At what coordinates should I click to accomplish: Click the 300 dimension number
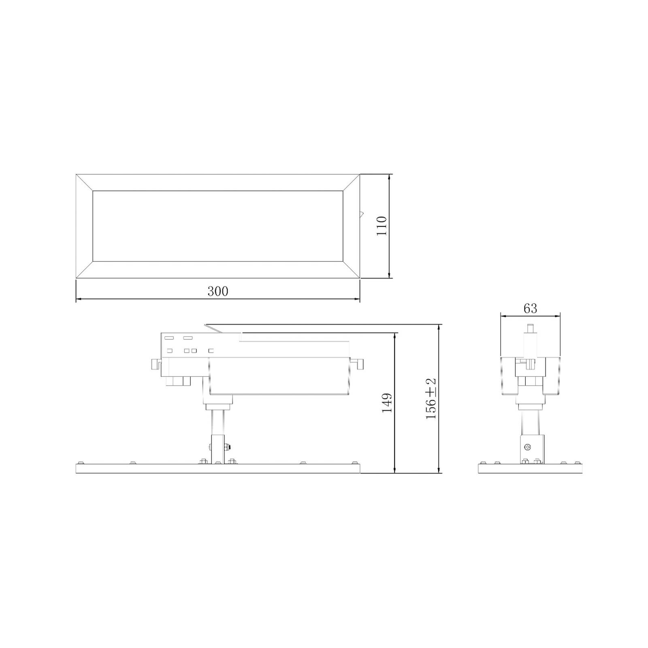pos(218,291)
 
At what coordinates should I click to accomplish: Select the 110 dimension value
pos(382,226)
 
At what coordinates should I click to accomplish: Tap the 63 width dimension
pos(530,309)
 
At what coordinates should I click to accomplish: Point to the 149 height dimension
pos(387,403)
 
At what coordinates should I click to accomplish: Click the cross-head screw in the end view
pos(528,447)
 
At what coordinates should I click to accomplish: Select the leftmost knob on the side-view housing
pos(154,364)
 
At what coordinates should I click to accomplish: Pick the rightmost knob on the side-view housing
pos(360,364)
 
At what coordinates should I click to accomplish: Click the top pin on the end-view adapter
pos(530,328)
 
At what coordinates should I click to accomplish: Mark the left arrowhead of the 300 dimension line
pos(78,299)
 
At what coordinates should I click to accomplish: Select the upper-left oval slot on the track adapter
pos(169,338)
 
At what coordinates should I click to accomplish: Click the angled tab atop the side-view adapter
pos(213,328)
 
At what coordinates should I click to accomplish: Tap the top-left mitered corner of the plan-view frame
pos(84,183)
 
